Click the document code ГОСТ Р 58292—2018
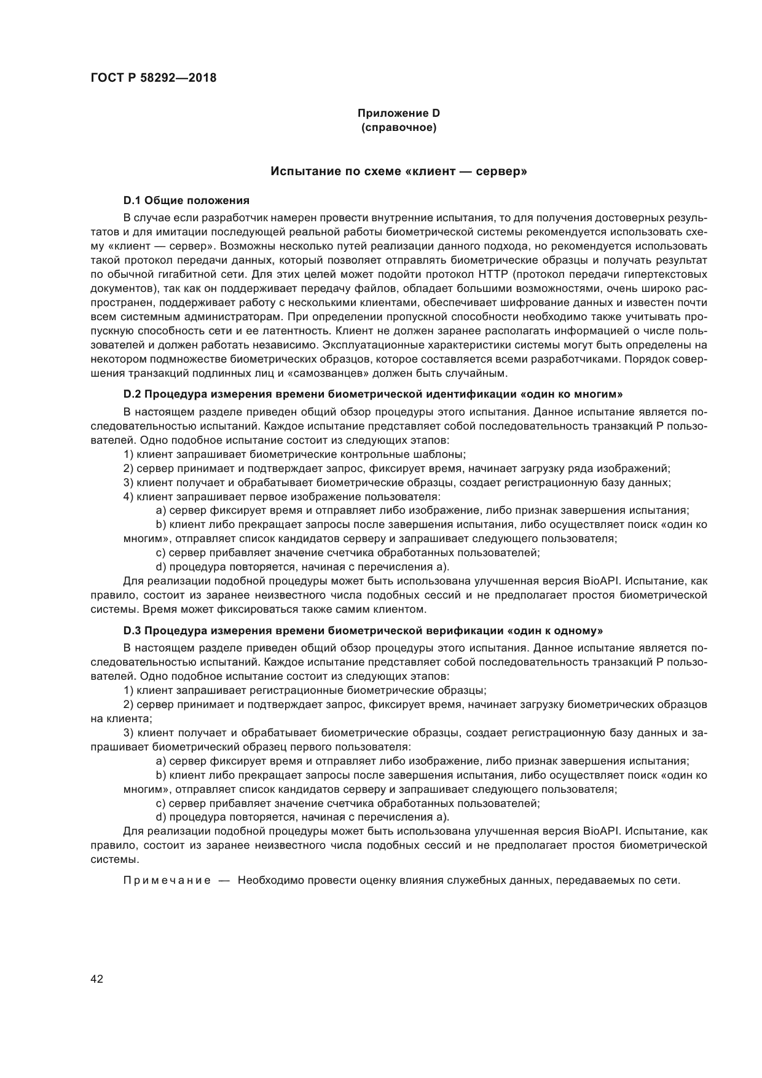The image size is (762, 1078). pos(154,78)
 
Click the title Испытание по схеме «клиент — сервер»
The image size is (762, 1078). pos(399,171)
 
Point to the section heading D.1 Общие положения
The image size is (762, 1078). pos(186,200)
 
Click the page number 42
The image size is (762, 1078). pos(96,979)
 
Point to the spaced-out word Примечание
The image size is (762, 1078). pos(167,880)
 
